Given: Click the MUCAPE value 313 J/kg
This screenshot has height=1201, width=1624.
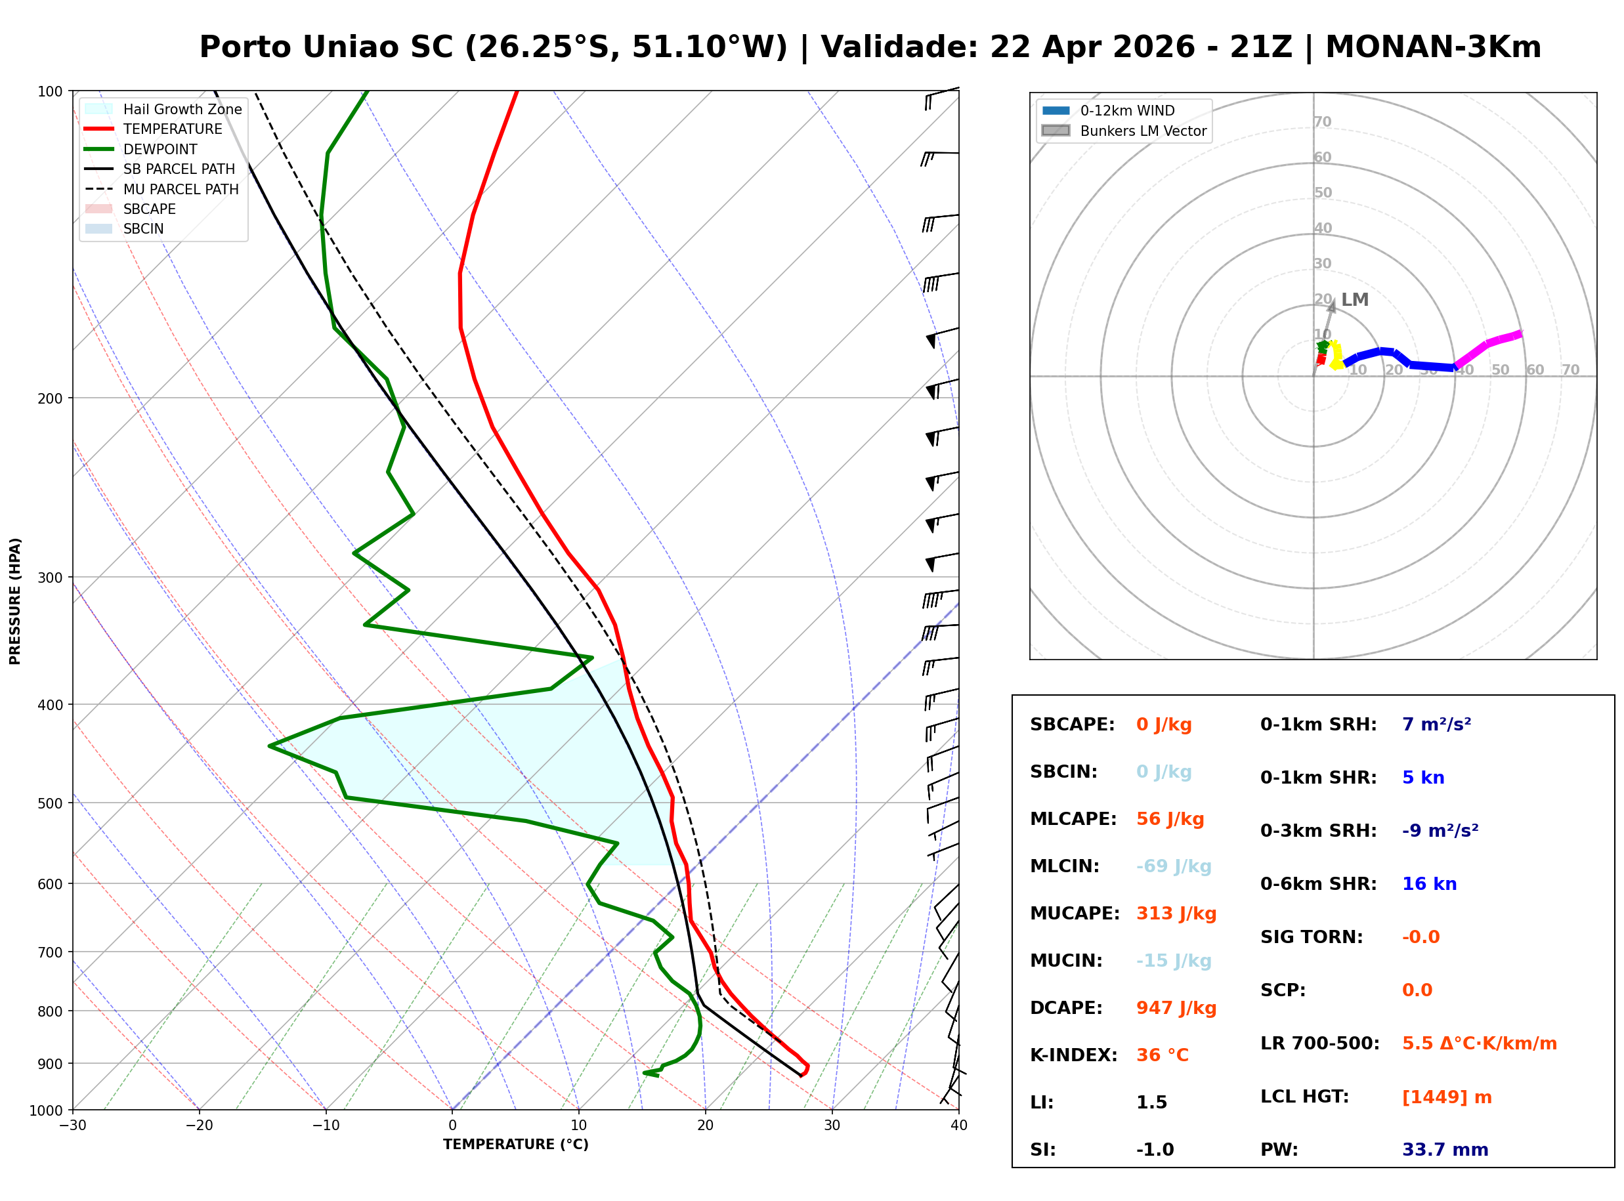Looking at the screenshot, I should click(x=1176, y=913).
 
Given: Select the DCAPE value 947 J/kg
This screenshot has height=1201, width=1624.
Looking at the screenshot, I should click(x=1176, y=1007).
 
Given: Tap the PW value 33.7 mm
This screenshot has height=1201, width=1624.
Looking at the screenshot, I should click(x=1444, y=1149).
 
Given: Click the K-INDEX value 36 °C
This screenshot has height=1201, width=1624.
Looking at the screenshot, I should click(x=1162, y=1055).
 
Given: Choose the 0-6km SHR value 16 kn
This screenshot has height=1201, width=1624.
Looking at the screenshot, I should click(x=1428, y=884).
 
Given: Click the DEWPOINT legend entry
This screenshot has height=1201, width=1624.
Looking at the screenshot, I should click(x=160, y=149).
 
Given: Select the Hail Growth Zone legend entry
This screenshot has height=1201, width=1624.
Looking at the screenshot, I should click(x=182, y=109).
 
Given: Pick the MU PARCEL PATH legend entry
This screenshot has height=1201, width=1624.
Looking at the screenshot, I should click(x=181, y=189).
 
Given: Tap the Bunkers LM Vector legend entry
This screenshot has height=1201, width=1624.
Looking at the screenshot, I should click(x=1142, y=131).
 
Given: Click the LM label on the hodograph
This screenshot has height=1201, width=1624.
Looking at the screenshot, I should click(x=1354, y=299).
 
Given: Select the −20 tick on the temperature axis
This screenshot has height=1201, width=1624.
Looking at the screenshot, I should click(x=198, y=1126).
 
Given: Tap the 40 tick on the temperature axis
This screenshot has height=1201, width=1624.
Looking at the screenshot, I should click(x=958, y=1126).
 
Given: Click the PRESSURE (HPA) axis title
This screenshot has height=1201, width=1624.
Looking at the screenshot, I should click(x=15, y=601).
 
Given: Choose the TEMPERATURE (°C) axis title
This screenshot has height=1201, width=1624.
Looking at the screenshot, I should click(x=515, y=1145).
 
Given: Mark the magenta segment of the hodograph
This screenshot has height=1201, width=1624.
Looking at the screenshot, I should click(x=1489, y=345).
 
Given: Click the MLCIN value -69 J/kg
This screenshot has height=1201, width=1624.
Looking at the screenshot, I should click(x=1173, y=866).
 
